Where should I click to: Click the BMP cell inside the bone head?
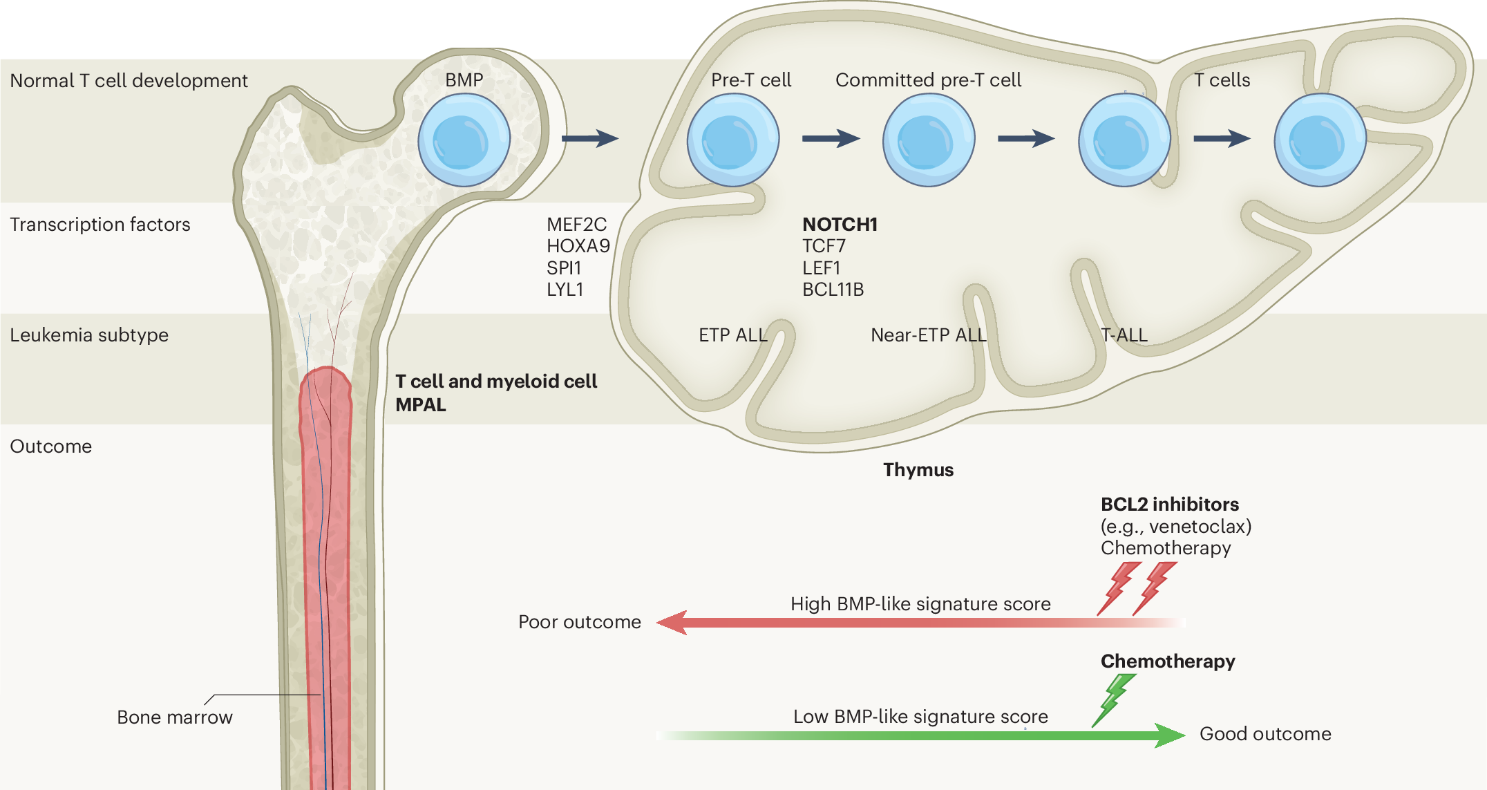point(464,140)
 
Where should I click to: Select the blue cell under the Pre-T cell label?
point(732,140)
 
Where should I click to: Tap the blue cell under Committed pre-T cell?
point(928,140)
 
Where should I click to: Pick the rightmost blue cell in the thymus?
point(1320,140)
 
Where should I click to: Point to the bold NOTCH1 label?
point(840,224)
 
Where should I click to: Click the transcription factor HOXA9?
point(578,246)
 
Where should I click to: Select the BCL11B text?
point(833,290)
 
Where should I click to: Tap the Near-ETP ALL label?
point(928,335)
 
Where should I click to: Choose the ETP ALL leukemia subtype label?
point(732,335)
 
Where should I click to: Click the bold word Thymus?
point(918,470)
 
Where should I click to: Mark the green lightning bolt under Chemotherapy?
point(1113,699)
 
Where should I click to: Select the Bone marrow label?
point(174,717)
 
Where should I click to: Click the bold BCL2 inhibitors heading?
point(1169,505)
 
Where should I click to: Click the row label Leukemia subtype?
point(89,335)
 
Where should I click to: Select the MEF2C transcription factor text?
point(576,225)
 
